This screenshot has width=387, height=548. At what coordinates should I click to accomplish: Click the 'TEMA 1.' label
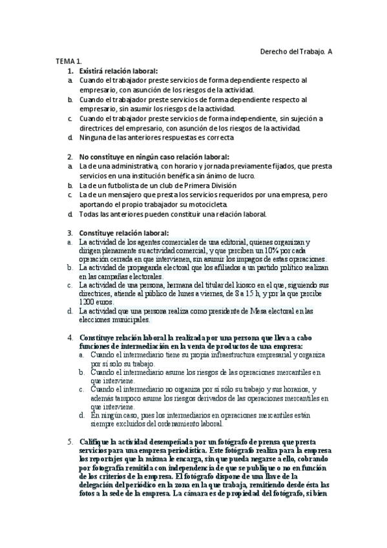pos(68,61)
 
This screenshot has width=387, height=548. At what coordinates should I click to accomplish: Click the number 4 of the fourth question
pos(70,337)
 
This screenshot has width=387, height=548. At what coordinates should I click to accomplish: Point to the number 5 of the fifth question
pos(70,441)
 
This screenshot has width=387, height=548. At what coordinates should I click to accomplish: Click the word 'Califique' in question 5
pos(96,441)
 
